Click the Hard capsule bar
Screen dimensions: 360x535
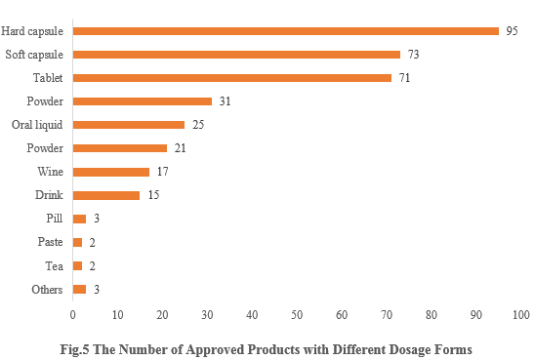pos(285,30)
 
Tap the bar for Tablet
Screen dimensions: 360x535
pos(231,77)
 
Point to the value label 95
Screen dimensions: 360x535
pos(512,30)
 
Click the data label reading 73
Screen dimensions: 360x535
pos(413,54)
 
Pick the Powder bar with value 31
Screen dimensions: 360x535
pos(142,100)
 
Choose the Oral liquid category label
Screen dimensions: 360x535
pos(37,125)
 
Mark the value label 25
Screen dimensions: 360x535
pos(197,125)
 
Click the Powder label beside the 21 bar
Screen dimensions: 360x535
pos(46,148)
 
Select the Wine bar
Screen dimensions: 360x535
pos(110,172)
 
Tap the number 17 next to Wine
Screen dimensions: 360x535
pos(162,172)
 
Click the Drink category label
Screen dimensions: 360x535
pos(49,195)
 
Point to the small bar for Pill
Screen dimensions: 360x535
pos(79,219)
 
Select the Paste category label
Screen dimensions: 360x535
pos(49,242)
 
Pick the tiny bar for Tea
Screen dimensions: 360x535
pos(77,265)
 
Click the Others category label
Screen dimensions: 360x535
pos(46,290)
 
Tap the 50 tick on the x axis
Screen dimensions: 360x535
pos(297,315)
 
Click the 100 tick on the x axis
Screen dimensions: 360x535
pos(519,315)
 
